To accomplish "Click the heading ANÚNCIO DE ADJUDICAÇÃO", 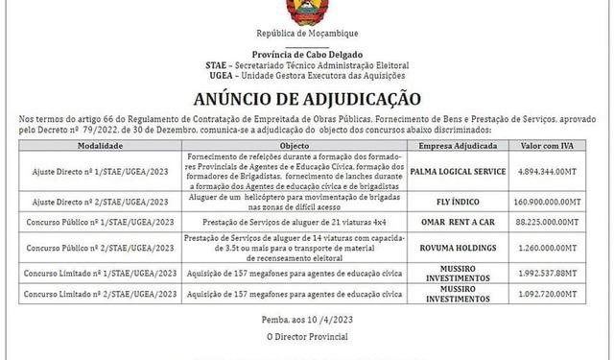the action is (x=307, y=97).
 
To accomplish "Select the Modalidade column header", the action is (x=99, y=145).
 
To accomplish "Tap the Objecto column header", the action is (x=294, y=145).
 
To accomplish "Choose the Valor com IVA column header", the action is (x=555, y=145).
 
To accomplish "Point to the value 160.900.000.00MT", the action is (x=555, y=203).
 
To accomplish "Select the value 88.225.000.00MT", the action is (x=555, y=222).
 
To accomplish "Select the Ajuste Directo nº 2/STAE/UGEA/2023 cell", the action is (x=99, y=203).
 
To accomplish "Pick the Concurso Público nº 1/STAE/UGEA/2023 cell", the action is (x=99, y=222).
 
